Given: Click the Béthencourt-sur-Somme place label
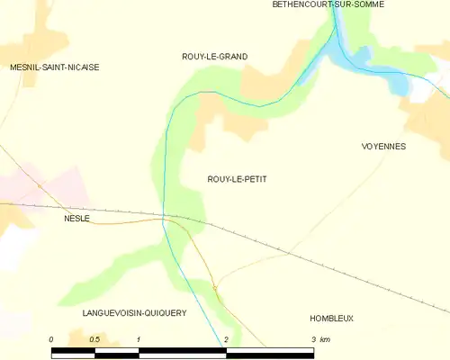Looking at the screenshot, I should click(x=328, y=4).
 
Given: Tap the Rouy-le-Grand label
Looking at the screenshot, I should click(x=214, y=57).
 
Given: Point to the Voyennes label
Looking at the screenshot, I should click(x=383, y=146).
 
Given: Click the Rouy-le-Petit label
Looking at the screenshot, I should click(x=230, y=179).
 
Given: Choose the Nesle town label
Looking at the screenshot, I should click(x=76, y=219).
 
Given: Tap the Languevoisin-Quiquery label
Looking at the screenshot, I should click(x=133, y=313).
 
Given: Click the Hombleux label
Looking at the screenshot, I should click(x=331, y=319).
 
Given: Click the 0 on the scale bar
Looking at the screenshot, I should click(x=52, y=339).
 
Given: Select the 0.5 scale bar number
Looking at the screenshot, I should click(x=94, y=339).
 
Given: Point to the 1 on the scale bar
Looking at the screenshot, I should click(x=139, y=339).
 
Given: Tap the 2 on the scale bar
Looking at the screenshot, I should click(x=226, y=339).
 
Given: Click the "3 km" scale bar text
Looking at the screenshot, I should click(x=320, y=339).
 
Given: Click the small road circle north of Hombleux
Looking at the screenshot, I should click(x=215, y=287).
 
